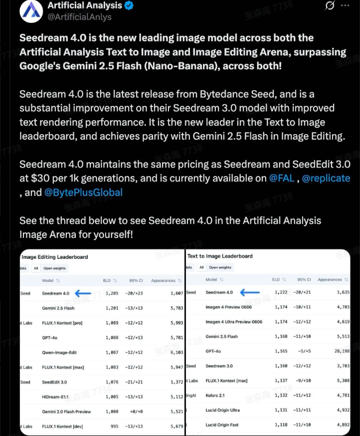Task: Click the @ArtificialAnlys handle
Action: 79,17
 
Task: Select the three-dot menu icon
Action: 345,5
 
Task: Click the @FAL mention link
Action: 282,178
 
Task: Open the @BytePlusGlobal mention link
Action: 83,192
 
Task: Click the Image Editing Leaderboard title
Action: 55,257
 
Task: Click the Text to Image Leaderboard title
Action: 220,256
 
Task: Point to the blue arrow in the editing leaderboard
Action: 83,293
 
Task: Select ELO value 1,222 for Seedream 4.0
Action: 280,292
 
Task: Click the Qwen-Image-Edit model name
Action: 59,352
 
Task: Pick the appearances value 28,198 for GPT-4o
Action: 340,351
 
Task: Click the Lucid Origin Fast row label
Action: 222,425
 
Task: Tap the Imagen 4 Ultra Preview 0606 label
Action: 234,322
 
